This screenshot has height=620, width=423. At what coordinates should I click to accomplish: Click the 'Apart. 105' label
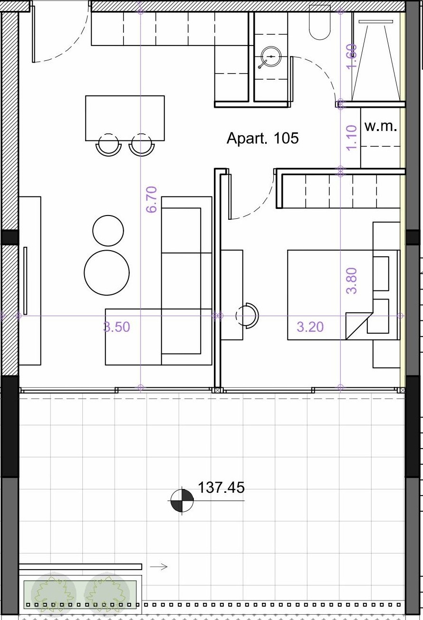262,138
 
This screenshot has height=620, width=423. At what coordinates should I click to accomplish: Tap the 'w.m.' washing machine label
381,126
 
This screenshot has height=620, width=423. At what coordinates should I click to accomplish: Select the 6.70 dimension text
152,199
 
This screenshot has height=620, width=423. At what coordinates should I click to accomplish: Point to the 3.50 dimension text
116,327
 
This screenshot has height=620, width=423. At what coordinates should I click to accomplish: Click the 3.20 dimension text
310,327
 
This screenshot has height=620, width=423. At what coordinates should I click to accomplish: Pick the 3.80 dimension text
352,281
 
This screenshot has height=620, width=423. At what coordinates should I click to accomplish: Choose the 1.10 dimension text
352,138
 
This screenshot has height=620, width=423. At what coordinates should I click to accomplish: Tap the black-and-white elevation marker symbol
182,500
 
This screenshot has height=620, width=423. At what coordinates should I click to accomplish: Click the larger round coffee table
107,272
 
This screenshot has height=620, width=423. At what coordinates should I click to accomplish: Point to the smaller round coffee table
108,231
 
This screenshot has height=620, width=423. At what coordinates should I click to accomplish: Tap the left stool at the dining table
108,145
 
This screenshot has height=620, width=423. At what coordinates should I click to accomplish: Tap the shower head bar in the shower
376,21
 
